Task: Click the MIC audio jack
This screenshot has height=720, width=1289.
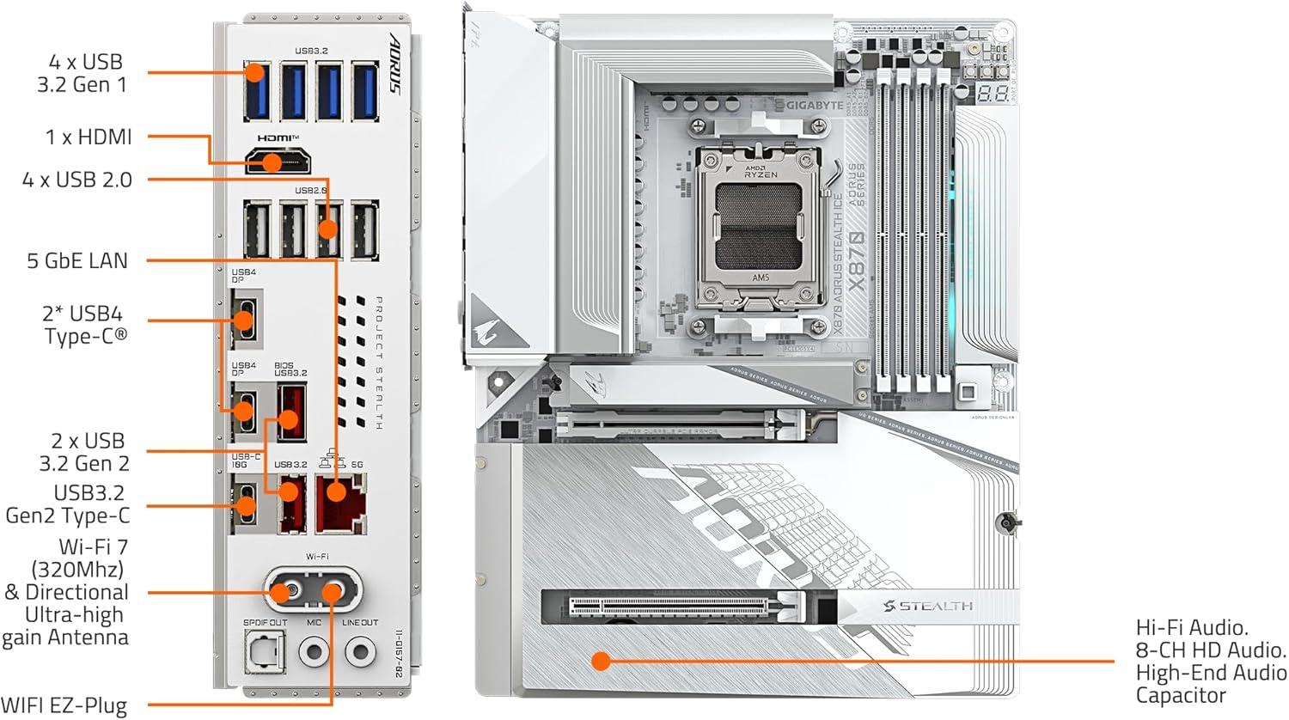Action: (314, 652)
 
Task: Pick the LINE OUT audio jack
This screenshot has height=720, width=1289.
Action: (360, 652)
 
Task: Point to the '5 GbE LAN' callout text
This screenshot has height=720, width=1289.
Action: (77, 260)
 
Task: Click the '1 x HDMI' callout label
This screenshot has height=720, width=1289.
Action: (89, 137)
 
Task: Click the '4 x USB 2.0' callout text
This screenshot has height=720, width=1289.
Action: (77, 180)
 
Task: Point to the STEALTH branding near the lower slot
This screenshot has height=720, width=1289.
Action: (928, 607)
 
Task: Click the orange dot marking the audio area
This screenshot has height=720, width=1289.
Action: (601, 661)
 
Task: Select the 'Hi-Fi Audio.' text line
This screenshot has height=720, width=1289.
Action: (1192, 628)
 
